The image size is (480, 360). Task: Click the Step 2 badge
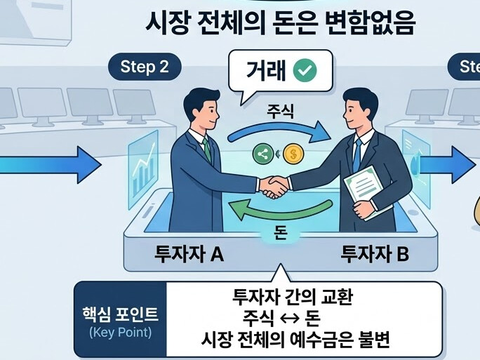pyautogui.click(x=145, y=67)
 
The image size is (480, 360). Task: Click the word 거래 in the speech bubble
pyautogui.click(x=266, y=71)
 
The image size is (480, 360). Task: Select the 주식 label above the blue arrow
pyautogui.click(x=280, y=111)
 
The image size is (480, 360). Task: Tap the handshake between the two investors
pyautogui.click(x=274, y=186)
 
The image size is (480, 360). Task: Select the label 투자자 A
pyautogui.click(x=189, y=254)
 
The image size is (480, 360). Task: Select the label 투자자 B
pyautogui.click(x=374, y=254)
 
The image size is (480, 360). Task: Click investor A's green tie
pyautogui.click(x=206, y=149)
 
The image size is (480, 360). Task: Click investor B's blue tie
pyautogui.click(x=356, y=152)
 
